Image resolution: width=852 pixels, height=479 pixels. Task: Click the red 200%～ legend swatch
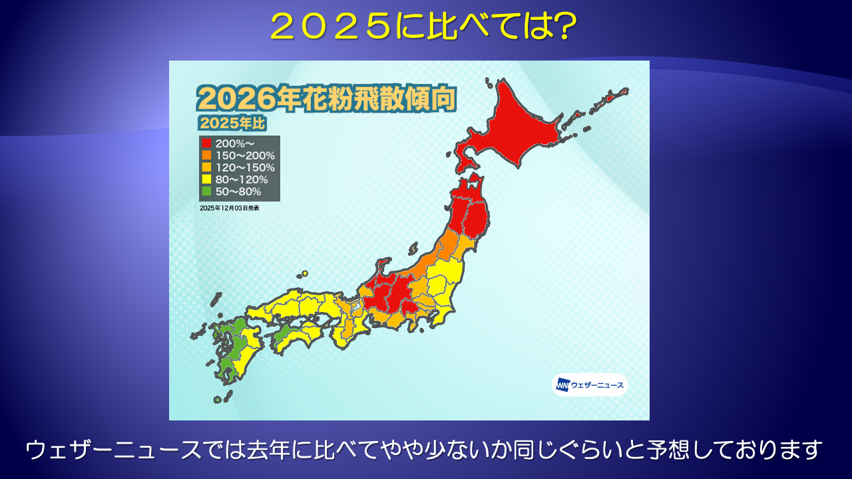click(x=206, y=143)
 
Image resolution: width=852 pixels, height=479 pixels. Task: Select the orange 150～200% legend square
click(x=206, y=155)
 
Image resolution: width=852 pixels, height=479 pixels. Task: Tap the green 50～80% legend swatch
click(x=206, y=191)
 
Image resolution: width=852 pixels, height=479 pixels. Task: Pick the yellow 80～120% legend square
click(x=206, y=179)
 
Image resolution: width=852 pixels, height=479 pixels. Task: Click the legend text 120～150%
click(x=245, y=167)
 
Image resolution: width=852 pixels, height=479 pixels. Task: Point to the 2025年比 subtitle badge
click(x=232, y=123)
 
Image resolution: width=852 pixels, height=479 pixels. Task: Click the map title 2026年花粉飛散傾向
click(x=326, y=98)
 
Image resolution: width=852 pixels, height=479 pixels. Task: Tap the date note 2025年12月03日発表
click(x=230, y=208)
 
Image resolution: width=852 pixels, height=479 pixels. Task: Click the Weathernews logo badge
click(x=590, y=385)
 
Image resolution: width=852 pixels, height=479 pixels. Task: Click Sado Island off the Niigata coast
click(x=413, y=249)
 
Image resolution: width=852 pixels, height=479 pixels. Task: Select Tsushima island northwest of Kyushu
click(x=216, y=299)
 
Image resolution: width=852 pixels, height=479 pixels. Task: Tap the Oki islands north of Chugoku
click(x=302, y=273)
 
